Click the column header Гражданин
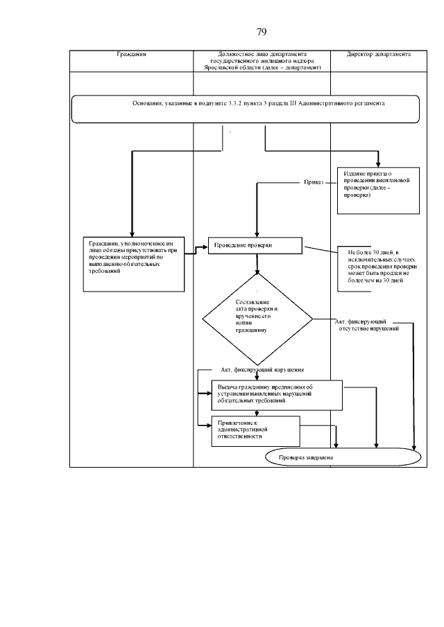[x=131, y=54]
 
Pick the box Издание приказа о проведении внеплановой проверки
[x=379, y=190]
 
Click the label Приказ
[x=314, y=183]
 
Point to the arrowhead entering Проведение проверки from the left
[x=206, y=247]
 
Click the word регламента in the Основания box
[x=368, y=103]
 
